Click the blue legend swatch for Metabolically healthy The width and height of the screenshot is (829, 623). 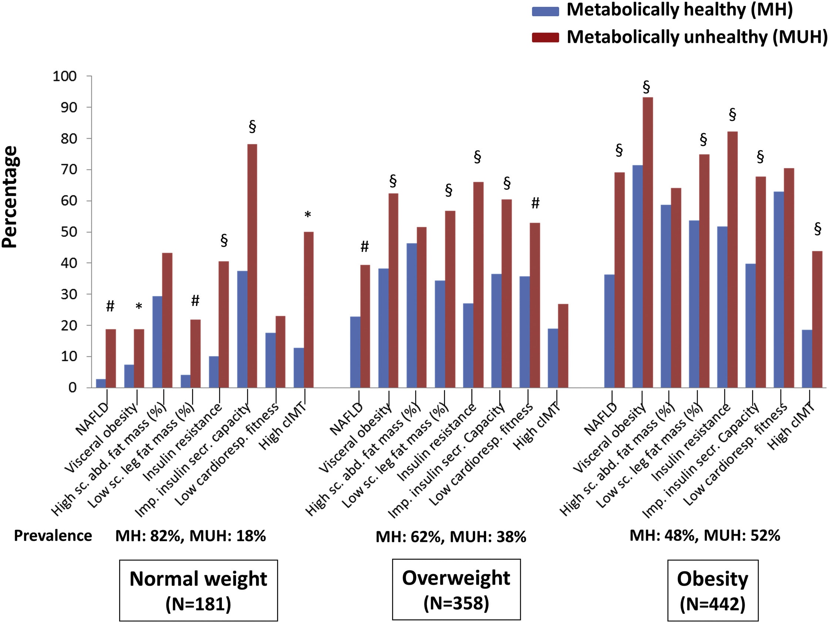pos(545,11)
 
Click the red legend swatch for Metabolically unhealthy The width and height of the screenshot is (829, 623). pos(545,37)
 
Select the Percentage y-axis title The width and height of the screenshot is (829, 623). pos(10,197)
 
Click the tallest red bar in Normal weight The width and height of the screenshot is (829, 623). pos(252,266)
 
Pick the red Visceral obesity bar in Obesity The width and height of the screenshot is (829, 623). pos(648,243)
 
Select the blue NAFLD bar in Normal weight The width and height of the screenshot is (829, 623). pos(101,384)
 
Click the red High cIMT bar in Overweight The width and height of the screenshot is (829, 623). pos(563,346)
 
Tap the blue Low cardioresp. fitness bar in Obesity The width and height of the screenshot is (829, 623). pos(779,290)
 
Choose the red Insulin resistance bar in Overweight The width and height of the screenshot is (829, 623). pos(478,285)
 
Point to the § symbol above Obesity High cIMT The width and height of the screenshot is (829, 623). pos(818,228)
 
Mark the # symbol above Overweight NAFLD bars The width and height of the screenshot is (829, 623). pos(365,246)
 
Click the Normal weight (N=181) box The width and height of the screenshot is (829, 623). pos(199,590)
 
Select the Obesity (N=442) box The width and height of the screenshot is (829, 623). pos(713,590)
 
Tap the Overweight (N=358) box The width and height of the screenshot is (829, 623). pos(456,589)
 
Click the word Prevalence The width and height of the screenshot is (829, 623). pos(53,536)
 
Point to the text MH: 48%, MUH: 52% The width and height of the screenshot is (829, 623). pos(705,535)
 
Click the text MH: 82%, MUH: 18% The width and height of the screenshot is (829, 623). pos(191,536)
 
